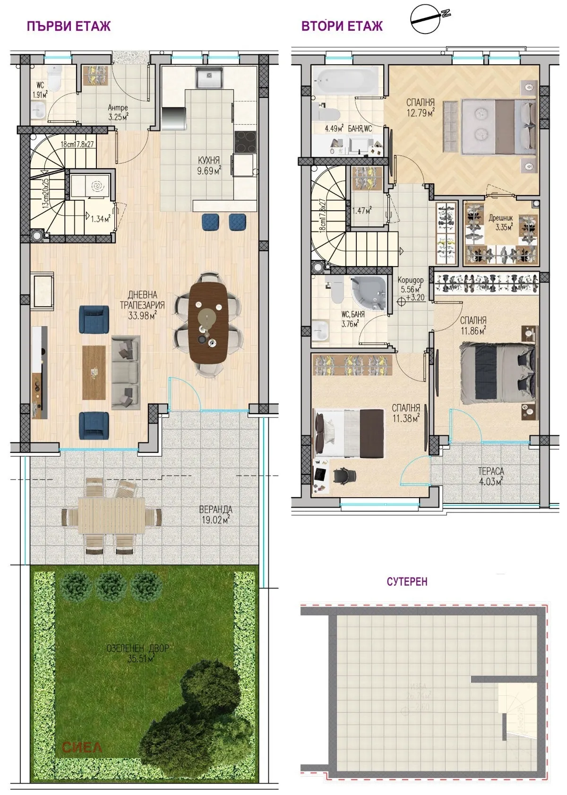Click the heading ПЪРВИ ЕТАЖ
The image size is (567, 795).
click(69, 26)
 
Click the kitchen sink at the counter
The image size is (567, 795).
click(210, 77)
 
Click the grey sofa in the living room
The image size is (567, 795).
click(126, 372)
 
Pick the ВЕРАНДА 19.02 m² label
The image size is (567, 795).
click(215, 515)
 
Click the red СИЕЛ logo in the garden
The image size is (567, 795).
click(81, 747)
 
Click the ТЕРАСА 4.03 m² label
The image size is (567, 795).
click(490, 475)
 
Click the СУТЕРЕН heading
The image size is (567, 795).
click(407, 581)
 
